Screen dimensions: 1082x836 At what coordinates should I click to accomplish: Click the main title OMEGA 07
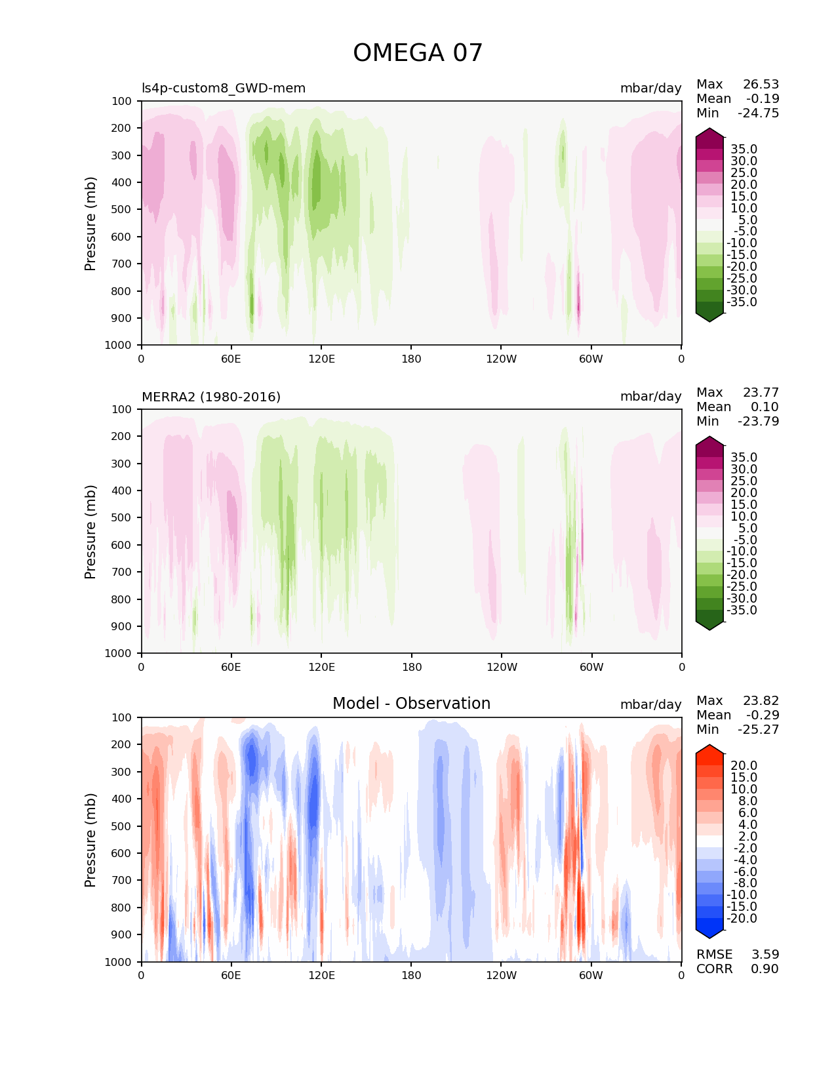[x=418, y=53]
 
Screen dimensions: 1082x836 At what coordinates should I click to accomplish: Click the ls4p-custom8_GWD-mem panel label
[x=224, y=89]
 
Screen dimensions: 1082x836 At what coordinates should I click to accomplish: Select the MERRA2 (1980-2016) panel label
[x=211, y=397]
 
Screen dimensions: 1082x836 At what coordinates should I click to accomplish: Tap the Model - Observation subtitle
[x=411, y=704]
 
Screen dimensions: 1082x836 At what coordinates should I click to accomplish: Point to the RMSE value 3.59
[x=765, y=954]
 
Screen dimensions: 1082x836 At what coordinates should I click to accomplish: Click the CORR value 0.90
[x=765, y=969]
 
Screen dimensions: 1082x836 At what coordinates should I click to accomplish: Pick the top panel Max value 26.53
[x=761, y=85]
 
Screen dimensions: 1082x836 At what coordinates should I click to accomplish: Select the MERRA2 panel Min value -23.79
[x=758, y=422]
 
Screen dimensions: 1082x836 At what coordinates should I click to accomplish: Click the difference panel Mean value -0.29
[x=762, y=715]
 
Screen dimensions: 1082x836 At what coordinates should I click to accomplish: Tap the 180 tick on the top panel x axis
[x=411, y=359]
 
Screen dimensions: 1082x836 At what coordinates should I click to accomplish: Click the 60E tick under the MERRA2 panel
[x=231, y=667]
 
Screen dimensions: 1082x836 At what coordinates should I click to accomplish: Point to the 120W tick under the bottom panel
[x=501, y=975]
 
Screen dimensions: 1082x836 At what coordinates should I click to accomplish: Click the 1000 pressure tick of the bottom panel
[x=119, y=962]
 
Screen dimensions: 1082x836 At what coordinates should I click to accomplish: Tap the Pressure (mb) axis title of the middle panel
[x=90, y=531]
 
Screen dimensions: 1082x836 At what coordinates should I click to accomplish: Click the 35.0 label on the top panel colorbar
[x=744, y=150]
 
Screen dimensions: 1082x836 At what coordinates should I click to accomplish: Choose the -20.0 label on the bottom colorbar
[x=742, y=919]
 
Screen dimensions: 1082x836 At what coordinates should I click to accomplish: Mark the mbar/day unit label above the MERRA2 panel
[x=650, y=397]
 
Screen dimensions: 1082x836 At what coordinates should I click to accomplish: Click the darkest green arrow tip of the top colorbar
[x=709, y=317]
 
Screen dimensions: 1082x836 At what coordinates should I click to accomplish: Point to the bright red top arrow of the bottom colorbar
[x=709, y=750]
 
